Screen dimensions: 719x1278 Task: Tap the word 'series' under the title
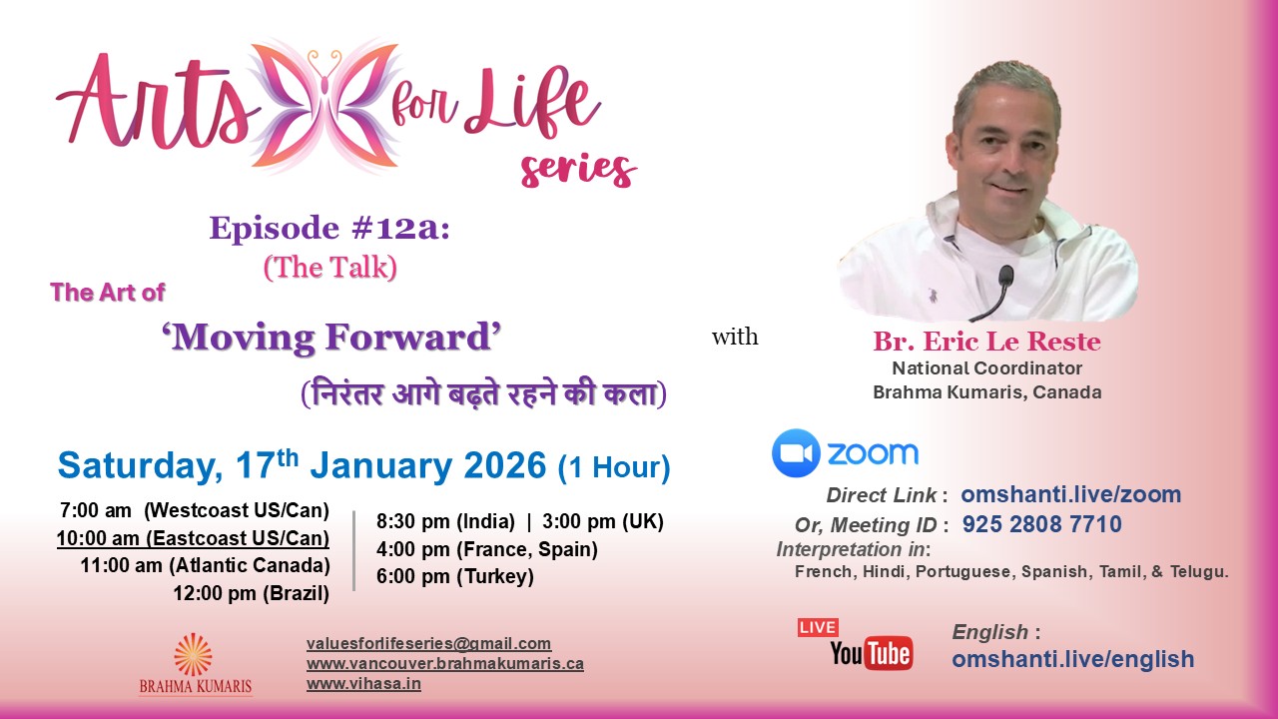[578, 169]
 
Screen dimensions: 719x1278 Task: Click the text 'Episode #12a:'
[329, 229]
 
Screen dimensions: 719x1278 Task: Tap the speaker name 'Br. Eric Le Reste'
[986, 343]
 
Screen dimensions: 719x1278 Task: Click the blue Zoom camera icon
[796, 453]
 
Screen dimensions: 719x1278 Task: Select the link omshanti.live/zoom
[1070, 494]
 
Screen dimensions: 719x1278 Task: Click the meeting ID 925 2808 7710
[1041, 524]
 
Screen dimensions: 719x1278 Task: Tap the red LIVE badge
[817, 627]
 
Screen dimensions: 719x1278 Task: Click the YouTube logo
[871, 654]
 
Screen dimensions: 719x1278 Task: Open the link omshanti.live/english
[1072, 659]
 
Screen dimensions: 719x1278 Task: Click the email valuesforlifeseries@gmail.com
[428, 644]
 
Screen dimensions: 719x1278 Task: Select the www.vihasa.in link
[363, 684]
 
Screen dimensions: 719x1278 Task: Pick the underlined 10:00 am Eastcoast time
[193, 538]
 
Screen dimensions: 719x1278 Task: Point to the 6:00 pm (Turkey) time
[455, 576]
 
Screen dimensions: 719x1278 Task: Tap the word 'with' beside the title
[735, 338]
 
